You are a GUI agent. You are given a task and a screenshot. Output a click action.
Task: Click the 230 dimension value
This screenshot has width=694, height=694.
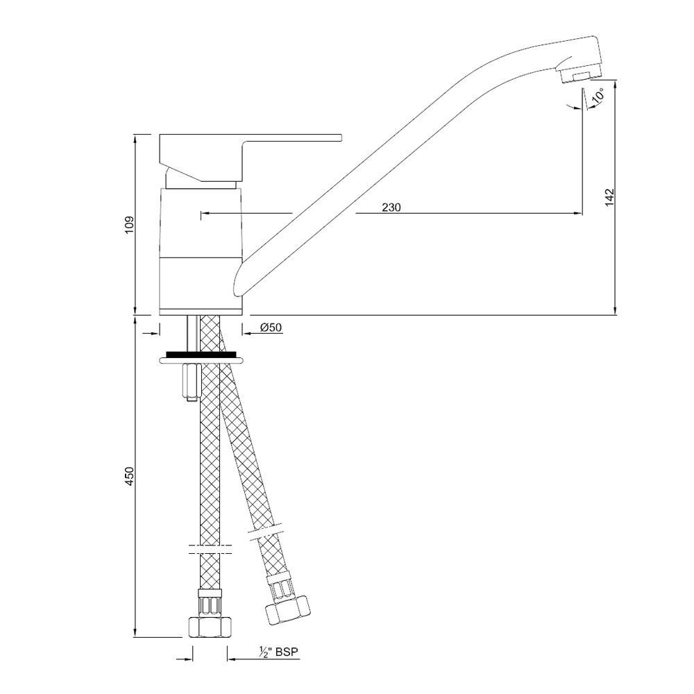(x=392, y=207)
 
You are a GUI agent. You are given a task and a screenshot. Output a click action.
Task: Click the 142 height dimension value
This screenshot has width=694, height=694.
(x=610, y=196)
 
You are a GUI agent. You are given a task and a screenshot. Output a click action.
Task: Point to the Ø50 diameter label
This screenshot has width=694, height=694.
(x=271, y=328)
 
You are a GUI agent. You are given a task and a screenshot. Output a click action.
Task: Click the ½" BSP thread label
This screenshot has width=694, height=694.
(x=282, y=652)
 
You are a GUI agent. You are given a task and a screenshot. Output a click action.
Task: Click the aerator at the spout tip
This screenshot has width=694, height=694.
(x=579, y=74)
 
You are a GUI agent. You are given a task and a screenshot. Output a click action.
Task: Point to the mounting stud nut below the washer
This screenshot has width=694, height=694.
(x=189, y=380)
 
